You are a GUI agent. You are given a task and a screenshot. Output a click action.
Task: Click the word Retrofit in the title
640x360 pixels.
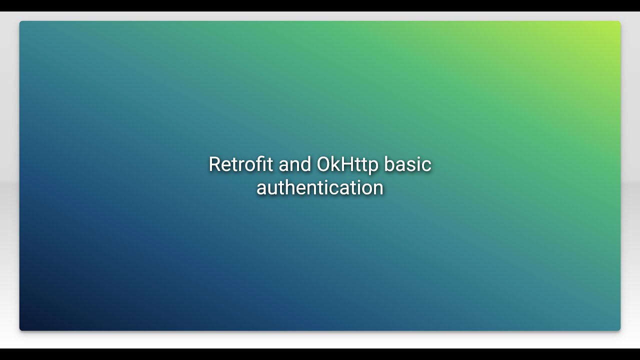click(x=235, y=164)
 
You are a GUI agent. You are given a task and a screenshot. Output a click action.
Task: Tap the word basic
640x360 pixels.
click(x=408, y=164)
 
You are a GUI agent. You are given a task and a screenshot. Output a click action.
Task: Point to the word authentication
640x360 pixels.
click(x=320, y=188)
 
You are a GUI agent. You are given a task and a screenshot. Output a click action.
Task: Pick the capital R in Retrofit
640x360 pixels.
click(x=214, y=164)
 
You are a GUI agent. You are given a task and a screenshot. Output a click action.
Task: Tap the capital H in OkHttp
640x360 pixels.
click(x=346, y=164)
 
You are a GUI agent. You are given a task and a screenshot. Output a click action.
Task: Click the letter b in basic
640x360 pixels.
click(x=390, y=164)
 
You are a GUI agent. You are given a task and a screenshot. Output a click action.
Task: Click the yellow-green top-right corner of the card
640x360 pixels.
click(x=616, y=25)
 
